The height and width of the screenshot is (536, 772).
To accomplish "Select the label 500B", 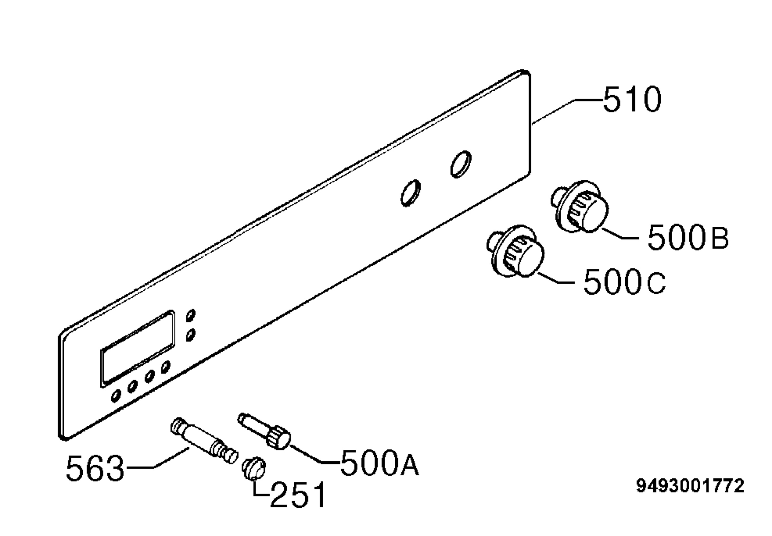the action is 688,237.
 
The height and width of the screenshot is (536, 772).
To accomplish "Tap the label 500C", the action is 624,281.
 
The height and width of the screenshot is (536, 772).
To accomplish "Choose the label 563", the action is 95,468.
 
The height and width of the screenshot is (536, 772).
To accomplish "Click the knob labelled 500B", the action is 580,206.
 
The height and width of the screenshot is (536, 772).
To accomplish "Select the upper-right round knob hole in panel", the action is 461,164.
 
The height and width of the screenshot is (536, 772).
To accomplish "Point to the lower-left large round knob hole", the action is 410,193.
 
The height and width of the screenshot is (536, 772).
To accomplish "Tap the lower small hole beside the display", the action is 191,335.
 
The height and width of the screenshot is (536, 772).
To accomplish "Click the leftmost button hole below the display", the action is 116,396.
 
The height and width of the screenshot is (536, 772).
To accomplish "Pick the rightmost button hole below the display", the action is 165,368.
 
